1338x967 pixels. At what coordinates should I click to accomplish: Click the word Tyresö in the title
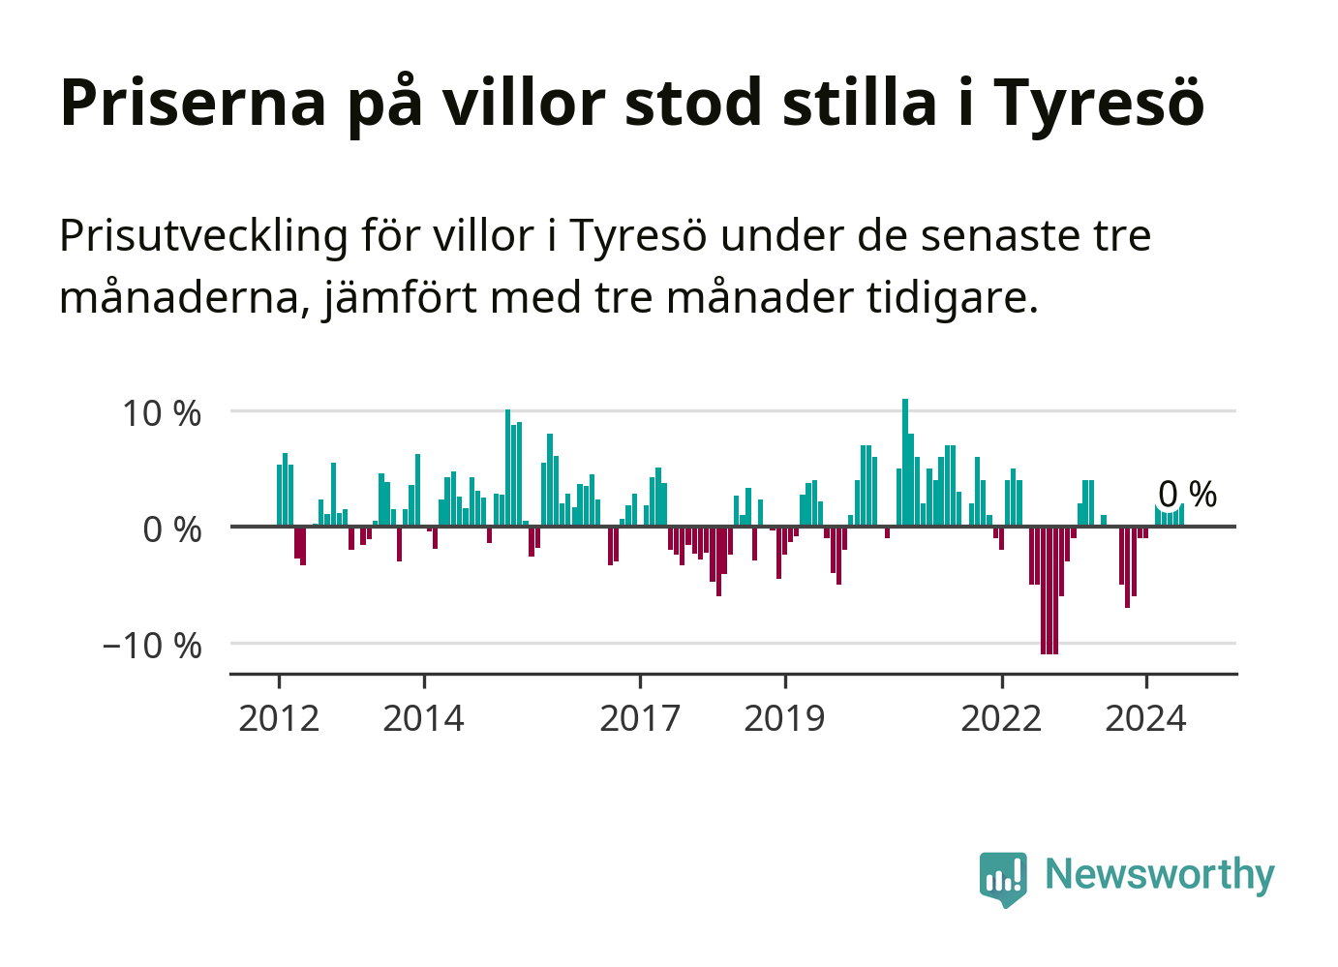pos(1099,103)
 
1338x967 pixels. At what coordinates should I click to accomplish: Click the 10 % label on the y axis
pos(162,413)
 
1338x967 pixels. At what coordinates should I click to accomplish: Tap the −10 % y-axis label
pos(152,646)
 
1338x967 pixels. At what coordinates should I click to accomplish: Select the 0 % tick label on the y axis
pos(172,529)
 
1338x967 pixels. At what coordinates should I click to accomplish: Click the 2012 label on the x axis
pos(279,718)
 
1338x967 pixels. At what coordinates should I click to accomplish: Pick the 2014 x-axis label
pos(423,718)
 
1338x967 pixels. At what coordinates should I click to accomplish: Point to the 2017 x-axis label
pos(640,718)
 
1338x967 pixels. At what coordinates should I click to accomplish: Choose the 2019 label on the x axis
pos(784,718)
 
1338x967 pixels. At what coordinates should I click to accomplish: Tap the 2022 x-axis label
pos(1001,718)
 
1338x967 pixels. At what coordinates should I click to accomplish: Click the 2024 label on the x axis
pos(1145,718)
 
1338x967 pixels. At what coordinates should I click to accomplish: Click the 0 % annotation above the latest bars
pos(1187,495)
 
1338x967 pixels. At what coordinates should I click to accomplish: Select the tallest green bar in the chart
pos(905,463)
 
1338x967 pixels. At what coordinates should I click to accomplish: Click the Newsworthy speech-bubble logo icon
pos(1003,878)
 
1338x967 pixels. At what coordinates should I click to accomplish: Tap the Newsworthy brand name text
pos(1160,874)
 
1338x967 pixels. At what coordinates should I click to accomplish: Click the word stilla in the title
pos(860,101)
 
